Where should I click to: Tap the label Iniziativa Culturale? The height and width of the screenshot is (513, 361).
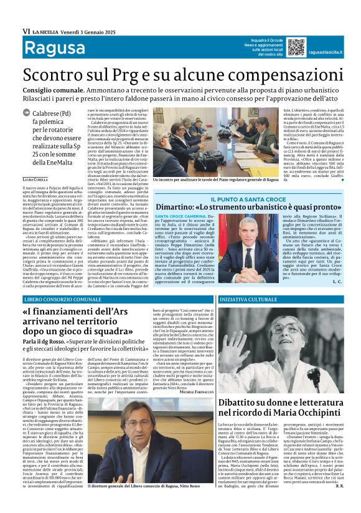coord(248,299)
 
